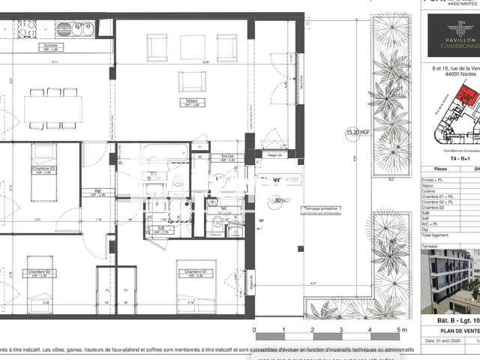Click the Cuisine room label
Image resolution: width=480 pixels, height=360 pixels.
(x=52, y=46)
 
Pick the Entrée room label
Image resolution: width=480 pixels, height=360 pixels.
(x=227, y=157)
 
